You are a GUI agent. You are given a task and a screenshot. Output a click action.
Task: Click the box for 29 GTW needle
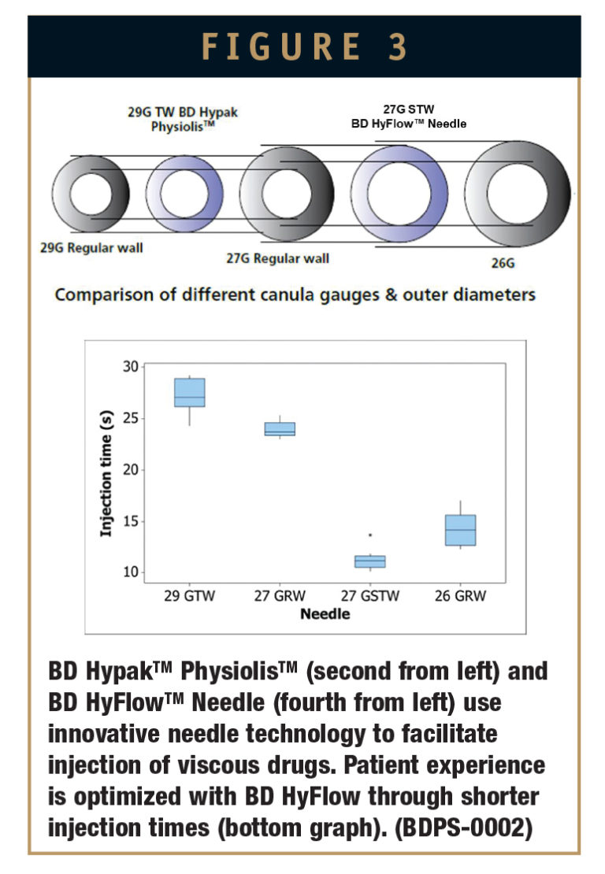[x=190, y=392]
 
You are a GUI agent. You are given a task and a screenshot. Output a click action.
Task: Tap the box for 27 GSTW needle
[x=369, y=561]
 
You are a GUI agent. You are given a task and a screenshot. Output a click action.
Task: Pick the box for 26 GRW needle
[x=460, y=530]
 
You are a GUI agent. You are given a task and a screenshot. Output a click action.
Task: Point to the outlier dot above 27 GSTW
[x=370, y=535]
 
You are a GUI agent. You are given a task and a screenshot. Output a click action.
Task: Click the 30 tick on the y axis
[x=132, y=367]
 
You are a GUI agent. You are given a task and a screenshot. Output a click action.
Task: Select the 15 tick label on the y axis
[x=132, y=521]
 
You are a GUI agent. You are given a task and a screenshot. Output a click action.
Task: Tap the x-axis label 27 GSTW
[x=370, y=596]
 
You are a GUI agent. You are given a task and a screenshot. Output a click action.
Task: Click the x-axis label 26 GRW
[x=460, y=596]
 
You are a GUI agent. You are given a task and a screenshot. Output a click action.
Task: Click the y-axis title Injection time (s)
[x=106, y=469]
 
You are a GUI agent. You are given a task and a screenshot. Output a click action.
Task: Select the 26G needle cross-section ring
[x=518, y=194]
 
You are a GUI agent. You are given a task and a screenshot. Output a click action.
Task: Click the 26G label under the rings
[x=503, y=263]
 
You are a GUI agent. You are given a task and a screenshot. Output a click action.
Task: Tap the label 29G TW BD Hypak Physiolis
[x=183, y=119]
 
